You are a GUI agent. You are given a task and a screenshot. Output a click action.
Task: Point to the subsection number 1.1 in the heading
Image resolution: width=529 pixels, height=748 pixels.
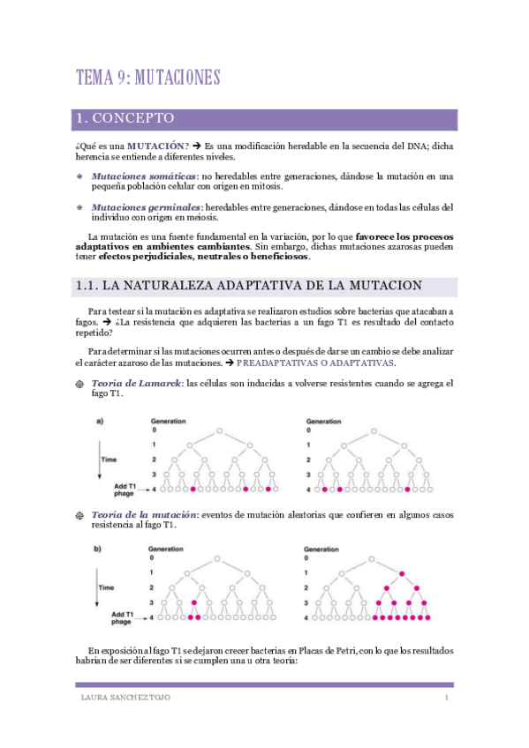[86, 286]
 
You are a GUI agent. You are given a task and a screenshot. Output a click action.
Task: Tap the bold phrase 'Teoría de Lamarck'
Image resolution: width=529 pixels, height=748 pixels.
[135, 383]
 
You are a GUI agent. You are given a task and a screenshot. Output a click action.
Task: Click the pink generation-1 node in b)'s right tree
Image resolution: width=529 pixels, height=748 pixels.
[402, 573]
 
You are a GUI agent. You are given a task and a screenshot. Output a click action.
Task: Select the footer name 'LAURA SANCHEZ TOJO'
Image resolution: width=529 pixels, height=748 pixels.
[119, 699]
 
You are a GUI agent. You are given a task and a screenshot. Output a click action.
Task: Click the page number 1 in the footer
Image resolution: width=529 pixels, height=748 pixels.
[447, 699]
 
